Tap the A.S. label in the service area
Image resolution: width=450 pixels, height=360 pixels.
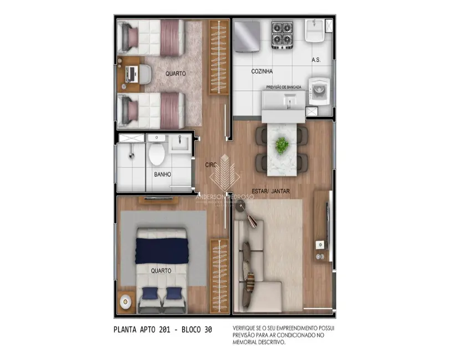(316, 59)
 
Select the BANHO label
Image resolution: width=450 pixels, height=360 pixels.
(162, 174)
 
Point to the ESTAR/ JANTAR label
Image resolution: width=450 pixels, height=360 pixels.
(272, 191)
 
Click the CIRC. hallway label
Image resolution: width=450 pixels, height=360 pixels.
(211, 164)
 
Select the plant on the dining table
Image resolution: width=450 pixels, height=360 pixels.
(283, 146)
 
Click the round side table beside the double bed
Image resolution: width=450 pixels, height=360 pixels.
(126, 302)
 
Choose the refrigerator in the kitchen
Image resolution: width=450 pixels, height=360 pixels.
(247, 34)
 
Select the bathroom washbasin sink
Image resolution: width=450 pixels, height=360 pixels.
(180, 143)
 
